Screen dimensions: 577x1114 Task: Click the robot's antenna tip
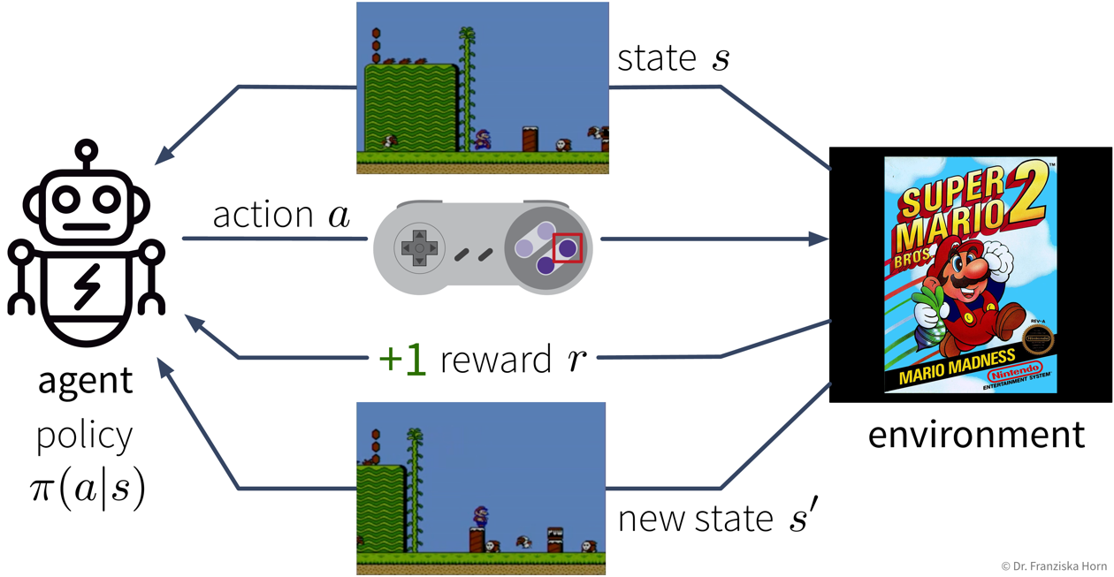[86, 150]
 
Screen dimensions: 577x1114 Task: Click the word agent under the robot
[86, 381]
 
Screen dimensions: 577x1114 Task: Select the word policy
[85, 435]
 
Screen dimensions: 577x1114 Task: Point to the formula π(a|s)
[87, 489]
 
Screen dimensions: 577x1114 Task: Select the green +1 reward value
[402, 360]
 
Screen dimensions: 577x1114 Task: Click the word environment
[975, 435]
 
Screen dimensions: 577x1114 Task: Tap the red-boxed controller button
[567, 248]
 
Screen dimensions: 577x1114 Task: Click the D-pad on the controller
[420, 248]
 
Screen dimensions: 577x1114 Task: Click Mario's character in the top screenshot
[482, 139]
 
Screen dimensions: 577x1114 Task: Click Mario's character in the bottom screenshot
[480, 518]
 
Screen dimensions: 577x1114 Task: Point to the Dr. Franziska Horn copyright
[1055, 566]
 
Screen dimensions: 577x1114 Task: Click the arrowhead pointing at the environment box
[820, 239]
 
